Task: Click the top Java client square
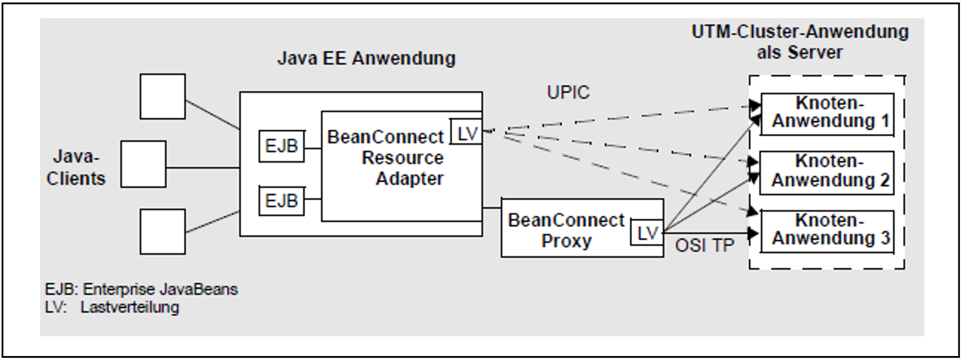click(162, 97)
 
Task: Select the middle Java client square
click(143, 164)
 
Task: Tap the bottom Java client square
click(162, 231)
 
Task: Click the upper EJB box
click(281, 146)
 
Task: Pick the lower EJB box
click(281, 201)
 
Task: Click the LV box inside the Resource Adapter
click(466, 132)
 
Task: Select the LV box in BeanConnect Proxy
click(647, 232)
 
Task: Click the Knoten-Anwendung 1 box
click(827, 114)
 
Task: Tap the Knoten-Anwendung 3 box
click(827, 231)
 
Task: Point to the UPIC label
click(568, 93)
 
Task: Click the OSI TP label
click(704, 245)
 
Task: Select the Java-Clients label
click(76, 168)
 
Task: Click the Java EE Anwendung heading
click(366, 58)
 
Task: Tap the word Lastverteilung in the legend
click(130, 308)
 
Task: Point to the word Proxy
click(566, 242)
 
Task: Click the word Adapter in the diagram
click(409, 179)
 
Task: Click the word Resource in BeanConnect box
click(402, 158)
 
